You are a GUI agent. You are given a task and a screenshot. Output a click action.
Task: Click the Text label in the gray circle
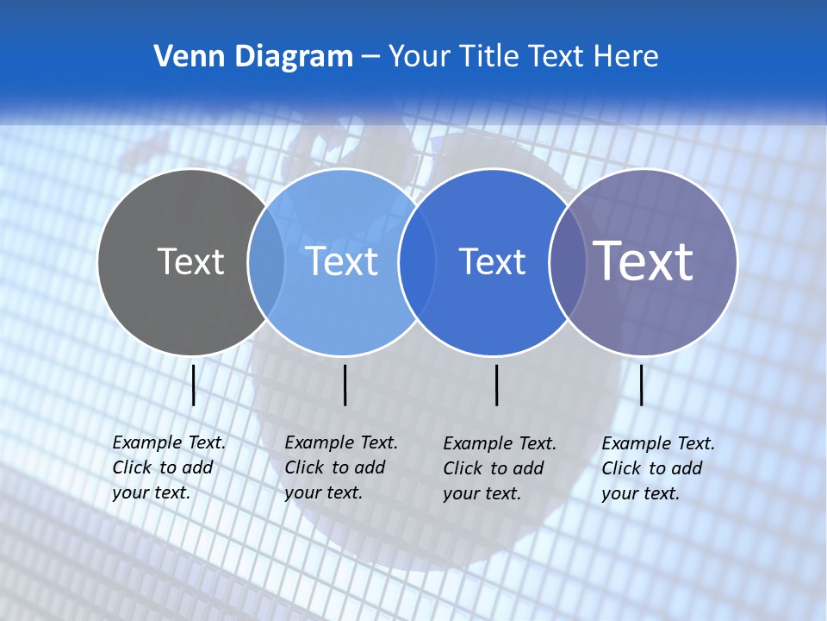(190, 261)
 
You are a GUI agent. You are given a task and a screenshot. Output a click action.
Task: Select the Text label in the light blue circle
(342, 261)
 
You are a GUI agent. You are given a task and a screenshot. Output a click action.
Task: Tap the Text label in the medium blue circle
(492, 261)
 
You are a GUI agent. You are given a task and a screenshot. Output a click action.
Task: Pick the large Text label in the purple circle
(644, 261)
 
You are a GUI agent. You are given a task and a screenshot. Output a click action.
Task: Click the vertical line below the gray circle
(193, 385)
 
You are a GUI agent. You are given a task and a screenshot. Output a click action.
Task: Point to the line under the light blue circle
(345, 385)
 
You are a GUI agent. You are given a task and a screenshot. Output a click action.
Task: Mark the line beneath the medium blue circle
(496, 385)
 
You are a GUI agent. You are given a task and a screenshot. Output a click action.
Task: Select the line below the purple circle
(641, 385)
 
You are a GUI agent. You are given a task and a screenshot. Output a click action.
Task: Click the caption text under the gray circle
(168, 467)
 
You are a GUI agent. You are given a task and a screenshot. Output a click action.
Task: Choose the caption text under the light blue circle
(340, 467)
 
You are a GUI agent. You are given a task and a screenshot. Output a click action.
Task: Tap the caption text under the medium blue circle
(499, 468)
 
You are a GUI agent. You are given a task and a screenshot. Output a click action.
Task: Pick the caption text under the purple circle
(657, 468)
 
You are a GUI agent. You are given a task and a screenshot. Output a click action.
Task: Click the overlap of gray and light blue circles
(266, 262)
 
